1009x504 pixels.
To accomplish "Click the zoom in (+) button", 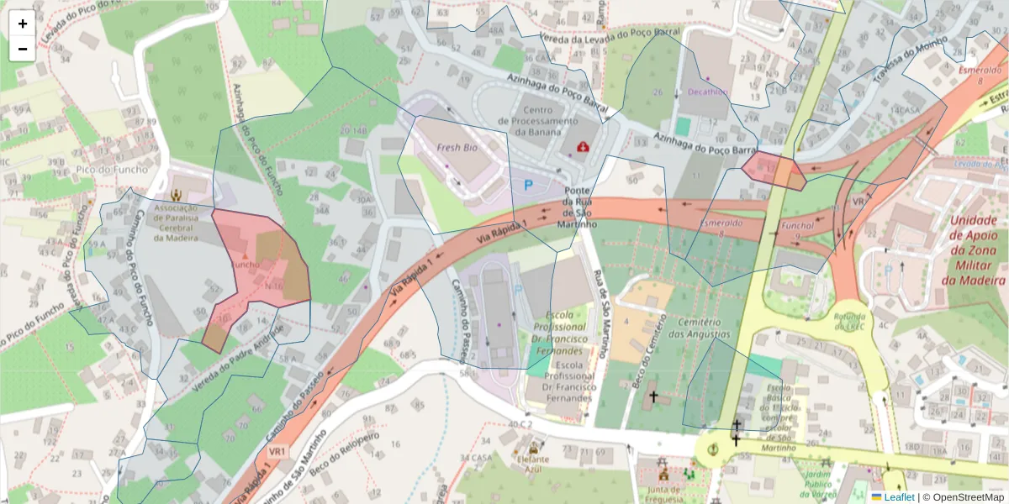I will click(x=22, y=24).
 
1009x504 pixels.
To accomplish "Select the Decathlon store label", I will click(x=706, y=92).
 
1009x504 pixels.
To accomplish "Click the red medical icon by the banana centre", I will click(x=581, y=147).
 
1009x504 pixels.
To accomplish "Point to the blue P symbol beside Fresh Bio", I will click(x=529, y=185).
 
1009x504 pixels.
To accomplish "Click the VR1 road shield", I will click(x=277, y=452).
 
